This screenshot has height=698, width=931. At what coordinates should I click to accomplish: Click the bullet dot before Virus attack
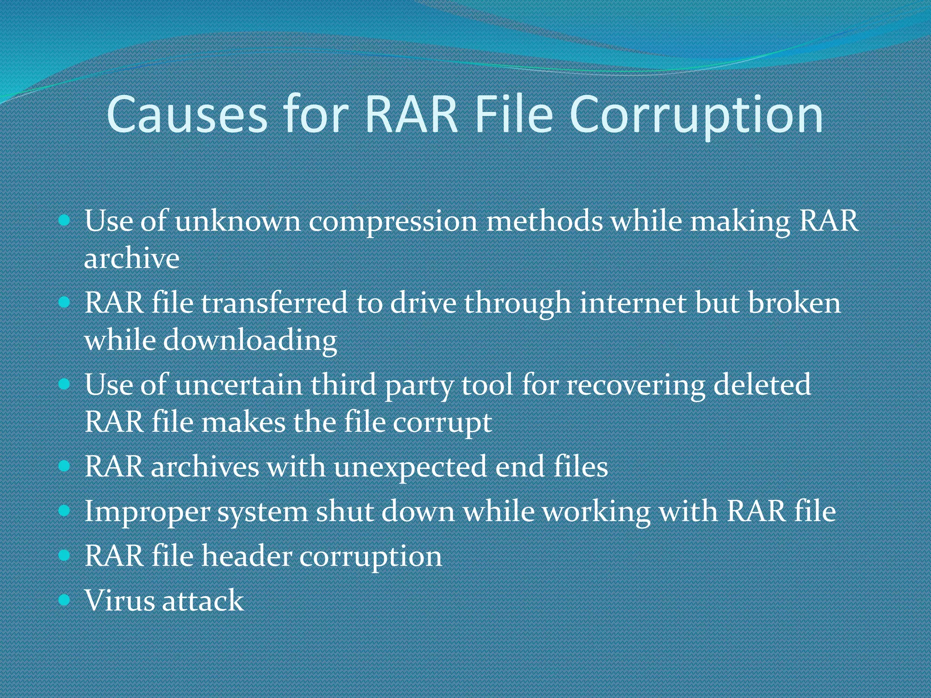pos(65,600)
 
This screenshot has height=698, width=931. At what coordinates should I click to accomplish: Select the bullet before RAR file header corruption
pos(65,555)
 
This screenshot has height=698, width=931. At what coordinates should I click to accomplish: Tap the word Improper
pos(147,512)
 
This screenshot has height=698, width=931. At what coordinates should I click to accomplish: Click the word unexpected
pos(410,467)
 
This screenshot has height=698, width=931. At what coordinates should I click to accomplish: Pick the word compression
pos(393,222)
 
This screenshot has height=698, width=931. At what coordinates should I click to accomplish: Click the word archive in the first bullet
pos(132,259)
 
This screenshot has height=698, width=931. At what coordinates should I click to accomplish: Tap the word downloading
pos(250,340)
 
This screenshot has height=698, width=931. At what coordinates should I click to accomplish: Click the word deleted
pos(762,385)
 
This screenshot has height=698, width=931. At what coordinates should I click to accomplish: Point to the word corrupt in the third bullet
pos(442,423)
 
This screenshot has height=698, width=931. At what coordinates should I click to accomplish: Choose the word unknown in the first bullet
pos(238,222)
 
